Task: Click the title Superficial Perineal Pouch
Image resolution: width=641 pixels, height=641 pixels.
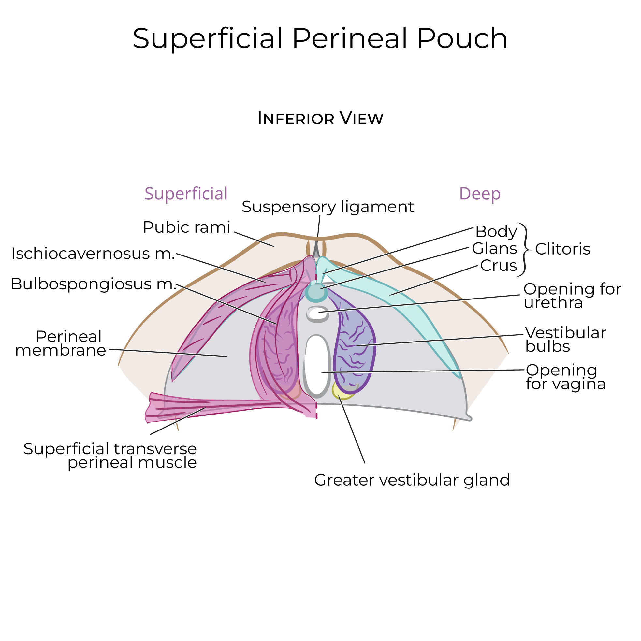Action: click(320, 38)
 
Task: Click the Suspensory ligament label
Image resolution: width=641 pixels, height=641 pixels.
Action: click(328, 207)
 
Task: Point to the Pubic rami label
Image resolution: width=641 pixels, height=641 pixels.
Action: click(186, 227)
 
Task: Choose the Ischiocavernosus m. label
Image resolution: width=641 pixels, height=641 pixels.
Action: click(93, 254)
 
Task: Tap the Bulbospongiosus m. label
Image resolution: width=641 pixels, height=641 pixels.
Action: click(93, 284)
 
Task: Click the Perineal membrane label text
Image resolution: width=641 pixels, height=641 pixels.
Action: click(61, 343)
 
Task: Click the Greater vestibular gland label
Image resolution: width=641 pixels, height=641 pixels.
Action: click(412, 480)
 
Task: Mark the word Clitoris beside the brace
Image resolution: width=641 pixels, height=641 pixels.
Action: click(562, 249)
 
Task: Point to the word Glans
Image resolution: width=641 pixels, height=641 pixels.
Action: click(494, 248)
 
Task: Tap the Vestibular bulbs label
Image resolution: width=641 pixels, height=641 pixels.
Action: click(565, 340)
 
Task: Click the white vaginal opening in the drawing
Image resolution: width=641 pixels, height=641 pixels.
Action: click(316, 365)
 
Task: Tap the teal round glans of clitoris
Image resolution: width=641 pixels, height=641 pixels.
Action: click(316, 292)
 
